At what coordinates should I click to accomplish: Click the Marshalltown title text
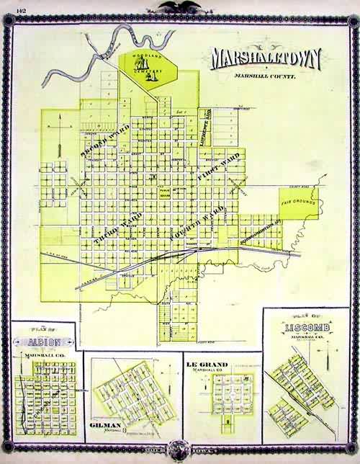point(264,60)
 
